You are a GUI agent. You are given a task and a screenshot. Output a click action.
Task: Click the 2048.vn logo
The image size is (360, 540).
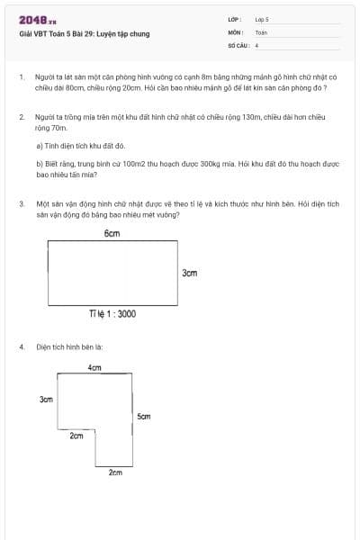tap(37, 19)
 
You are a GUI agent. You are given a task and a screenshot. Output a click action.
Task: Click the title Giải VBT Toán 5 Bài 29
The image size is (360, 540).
tap(84, 34)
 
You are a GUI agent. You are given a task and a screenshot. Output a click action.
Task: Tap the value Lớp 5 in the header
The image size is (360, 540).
tap(262, 19)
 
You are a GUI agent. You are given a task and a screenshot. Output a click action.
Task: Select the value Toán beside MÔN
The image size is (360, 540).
tap(261, 31)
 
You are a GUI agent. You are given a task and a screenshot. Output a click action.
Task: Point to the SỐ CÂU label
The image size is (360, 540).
tap(238, 44)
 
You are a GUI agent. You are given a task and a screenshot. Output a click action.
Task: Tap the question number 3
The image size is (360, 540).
tap(21, 204)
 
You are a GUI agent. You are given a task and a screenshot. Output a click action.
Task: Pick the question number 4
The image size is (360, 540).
tap(21, 346)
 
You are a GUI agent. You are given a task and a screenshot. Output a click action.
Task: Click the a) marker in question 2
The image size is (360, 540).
tap(40, 145)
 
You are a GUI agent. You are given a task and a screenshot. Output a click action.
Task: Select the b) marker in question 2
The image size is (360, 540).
tap(40, 165)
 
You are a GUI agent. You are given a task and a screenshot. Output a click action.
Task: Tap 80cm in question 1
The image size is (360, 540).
tap(82, 89)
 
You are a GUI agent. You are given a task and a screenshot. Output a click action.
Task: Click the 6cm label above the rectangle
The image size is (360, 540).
tap(112, 233)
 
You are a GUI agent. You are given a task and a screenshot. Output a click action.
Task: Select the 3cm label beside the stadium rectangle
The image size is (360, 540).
tap(190, 272)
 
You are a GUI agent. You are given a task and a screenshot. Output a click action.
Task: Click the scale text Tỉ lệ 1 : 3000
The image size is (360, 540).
tap(112, 314)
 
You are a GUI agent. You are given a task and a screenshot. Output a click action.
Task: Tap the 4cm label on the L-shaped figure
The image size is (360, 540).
tap(94, 368)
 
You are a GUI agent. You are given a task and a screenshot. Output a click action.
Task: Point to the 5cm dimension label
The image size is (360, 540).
tap(144, 417)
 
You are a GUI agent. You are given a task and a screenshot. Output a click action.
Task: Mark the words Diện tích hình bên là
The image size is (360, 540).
tap(70, 346)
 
